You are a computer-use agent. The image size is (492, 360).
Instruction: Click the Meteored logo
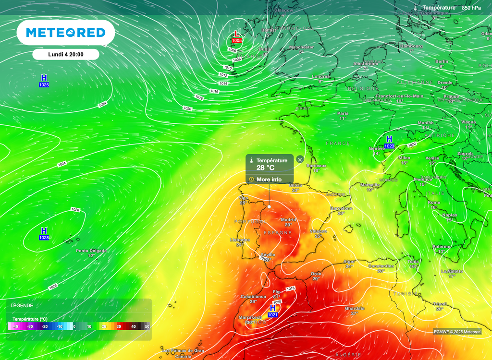[x=65, y=33]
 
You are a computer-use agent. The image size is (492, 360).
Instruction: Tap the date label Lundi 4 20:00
[x=66, y=54]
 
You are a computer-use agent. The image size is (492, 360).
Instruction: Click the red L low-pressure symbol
[x=236, y=34]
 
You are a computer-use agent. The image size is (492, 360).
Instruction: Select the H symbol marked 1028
[x=44, y=231]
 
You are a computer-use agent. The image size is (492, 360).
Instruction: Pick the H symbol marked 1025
[x=44, y=78]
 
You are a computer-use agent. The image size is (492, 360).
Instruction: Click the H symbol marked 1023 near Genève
[x=389, y=139]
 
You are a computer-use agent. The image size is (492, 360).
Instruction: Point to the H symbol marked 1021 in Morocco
[x=273, y=308]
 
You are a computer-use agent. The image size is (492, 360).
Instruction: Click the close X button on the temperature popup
[x=300, y=159]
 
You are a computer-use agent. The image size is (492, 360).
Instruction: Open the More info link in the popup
[x=269, y=180]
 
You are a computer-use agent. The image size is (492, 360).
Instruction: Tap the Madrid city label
[x=288, y=220]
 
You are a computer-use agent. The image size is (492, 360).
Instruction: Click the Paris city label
[x=343, y=114]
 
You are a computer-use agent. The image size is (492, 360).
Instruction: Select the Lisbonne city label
[x=240, y=240]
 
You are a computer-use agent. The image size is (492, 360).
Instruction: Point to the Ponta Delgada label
[x=91, y=251]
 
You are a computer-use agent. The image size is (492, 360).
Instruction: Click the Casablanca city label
[x=253, y=297]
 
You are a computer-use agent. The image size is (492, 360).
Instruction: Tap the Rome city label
[x=434, y=203]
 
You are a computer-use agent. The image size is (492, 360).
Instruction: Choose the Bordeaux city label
[x=316, y=166]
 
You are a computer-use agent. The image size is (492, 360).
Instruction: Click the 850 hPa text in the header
[x=471, y=8]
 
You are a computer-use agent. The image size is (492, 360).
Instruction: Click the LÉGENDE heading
[x=22, y=305]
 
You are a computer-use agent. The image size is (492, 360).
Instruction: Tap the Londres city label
[x=321, y=76]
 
